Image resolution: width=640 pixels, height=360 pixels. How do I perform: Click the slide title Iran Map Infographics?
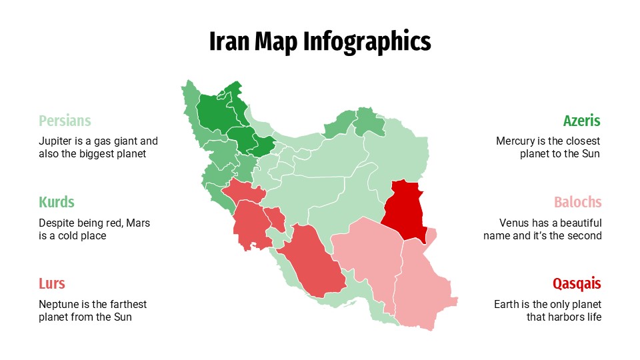tap(320, 41)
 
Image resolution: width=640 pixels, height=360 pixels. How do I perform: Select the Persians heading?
tap(65, 121)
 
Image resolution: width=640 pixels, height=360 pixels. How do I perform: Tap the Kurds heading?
tap(56, 202)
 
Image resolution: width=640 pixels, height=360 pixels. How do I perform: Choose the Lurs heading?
tap(52, 283)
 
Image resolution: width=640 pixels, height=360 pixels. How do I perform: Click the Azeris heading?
tap(581, 121)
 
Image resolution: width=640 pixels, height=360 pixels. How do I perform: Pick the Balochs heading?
tap(577, 202)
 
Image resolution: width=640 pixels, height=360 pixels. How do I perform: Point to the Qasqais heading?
tap(577, 283)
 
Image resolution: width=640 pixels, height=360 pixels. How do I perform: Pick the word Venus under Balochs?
tap(514, 223)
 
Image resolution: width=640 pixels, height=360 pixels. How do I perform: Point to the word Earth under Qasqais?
tap(507, 304)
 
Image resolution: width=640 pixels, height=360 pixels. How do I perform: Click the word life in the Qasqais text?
tap(593, 317)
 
